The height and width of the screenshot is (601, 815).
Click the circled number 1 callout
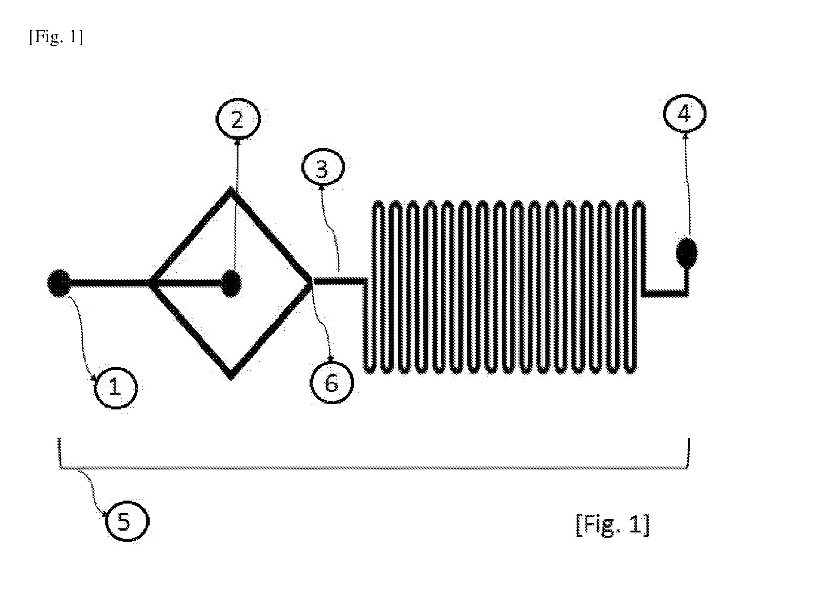coord(116,388)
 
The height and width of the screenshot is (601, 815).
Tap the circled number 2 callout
coord(238,119)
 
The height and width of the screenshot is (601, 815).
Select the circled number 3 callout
coord(323,168)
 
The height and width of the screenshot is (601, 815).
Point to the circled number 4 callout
coord(685,114)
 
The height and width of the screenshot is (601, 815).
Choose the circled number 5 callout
coord(127,521)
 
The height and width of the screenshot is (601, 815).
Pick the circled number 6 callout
coord(332,383)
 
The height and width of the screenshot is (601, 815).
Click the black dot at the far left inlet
coord(59,283)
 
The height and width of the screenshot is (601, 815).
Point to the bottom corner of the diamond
coord(231,379)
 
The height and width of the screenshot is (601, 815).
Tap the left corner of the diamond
coord(150,283)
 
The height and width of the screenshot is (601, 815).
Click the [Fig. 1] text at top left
coord(56,37)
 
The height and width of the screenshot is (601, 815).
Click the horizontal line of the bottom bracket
coord(374,468)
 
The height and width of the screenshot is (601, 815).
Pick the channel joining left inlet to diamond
coord(110,283)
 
